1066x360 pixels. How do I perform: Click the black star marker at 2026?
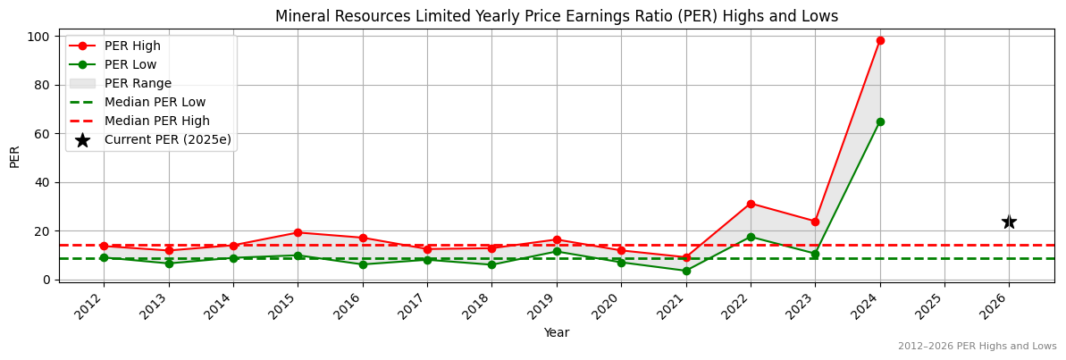click(x=1009, y=222)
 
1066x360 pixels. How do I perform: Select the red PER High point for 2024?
click(x=880, y=40)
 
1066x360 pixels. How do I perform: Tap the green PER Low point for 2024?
click(x=880, y=121)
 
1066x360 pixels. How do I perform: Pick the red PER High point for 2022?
click(x=751, y=204)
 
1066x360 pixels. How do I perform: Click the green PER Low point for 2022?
click(x=751, y=237)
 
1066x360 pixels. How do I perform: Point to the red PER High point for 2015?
click(x=298, y=232)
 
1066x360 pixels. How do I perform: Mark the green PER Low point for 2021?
click(x=686, y=271)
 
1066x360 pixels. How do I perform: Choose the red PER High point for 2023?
click(x=815, y=222)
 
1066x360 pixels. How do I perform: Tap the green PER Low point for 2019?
click(x=557, y=251)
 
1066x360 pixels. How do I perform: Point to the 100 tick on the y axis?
click(x=39, y=37)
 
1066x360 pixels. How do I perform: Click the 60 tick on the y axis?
click(x=43, y=134)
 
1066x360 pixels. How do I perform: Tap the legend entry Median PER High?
click(x=156, y=121)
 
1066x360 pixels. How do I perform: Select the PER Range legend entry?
click(x=138, y=83)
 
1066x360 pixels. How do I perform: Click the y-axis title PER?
click(x=15, y=156)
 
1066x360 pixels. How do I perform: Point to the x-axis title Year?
click(x=557, y=332)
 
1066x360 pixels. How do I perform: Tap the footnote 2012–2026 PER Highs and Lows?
click(x=977, y=346)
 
